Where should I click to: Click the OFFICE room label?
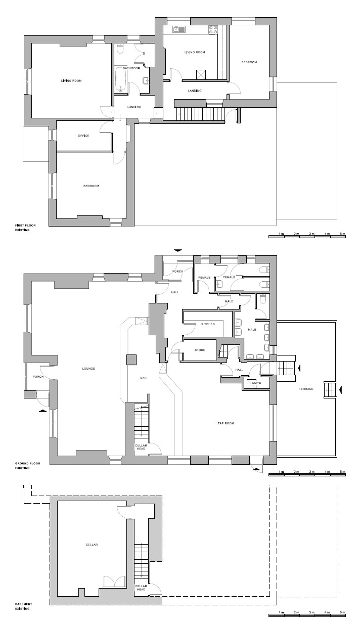(83, 136)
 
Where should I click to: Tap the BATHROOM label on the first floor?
(131, 68)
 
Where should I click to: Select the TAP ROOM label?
(226, 423)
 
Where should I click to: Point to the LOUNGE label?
(88, 368)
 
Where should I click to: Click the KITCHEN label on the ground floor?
(208, 324)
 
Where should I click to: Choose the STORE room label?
(200, 350)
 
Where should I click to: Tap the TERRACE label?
(306, 389)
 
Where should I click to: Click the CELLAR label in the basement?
(92, 545)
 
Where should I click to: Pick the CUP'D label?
(256, 383)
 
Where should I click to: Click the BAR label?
(144, 378)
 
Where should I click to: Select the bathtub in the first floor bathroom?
(121, 79)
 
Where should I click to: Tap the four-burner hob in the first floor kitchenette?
(213, 30)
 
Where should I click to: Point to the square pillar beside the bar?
(131, 360)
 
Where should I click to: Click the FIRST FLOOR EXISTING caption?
(25, 228)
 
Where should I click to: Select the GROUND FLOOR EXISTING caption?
(27, 466)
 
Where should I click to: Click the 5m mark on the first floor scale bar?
(342, 234)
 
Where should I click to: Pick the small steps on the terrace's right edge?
(330, 390)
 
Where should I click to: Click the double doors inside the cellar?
(114, 582)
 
